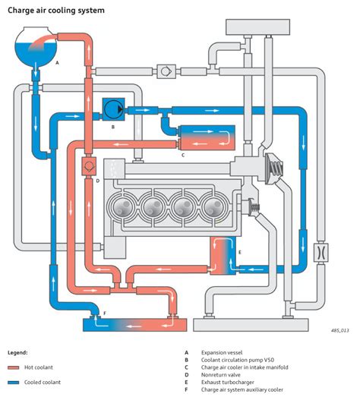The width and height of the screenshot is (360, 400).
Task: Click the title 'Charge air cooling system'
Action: [x=56, y=11]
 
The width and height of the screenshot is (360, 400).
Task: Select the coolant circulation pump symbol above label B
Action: [x=113, y=109]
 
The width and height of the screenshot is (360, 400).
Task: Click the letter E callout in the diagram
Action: [x=241, y=250]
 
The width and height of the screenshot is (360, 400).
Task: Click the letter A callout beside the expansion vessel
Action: [x=57, y=63]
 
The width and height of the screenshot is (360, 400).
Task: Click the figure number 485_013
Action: [x=339, y=331]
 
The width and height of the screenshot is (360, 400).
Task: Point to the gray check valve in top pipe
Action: [x=163, y=71]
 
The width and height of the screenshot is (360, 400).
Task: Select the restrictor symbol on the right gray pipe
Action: [x=320, y=250]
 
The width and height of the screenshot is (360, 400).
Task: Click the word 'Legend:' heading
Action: [x=19, y=353]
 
